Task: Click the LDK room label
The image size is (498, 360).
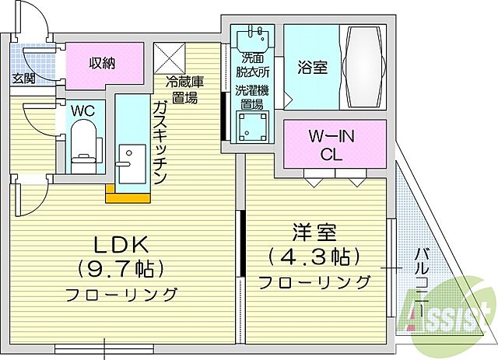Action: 121,243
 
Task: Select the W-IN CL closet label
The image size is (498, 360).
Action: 331,145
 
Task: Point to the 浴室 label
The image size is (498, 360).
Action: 312,67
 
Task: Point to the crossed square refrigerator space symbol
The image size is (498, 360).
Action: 170,58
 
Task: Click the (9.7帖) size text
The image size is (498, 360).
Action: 121,270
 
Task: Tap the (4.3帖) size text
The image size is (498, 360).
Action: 314,257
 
